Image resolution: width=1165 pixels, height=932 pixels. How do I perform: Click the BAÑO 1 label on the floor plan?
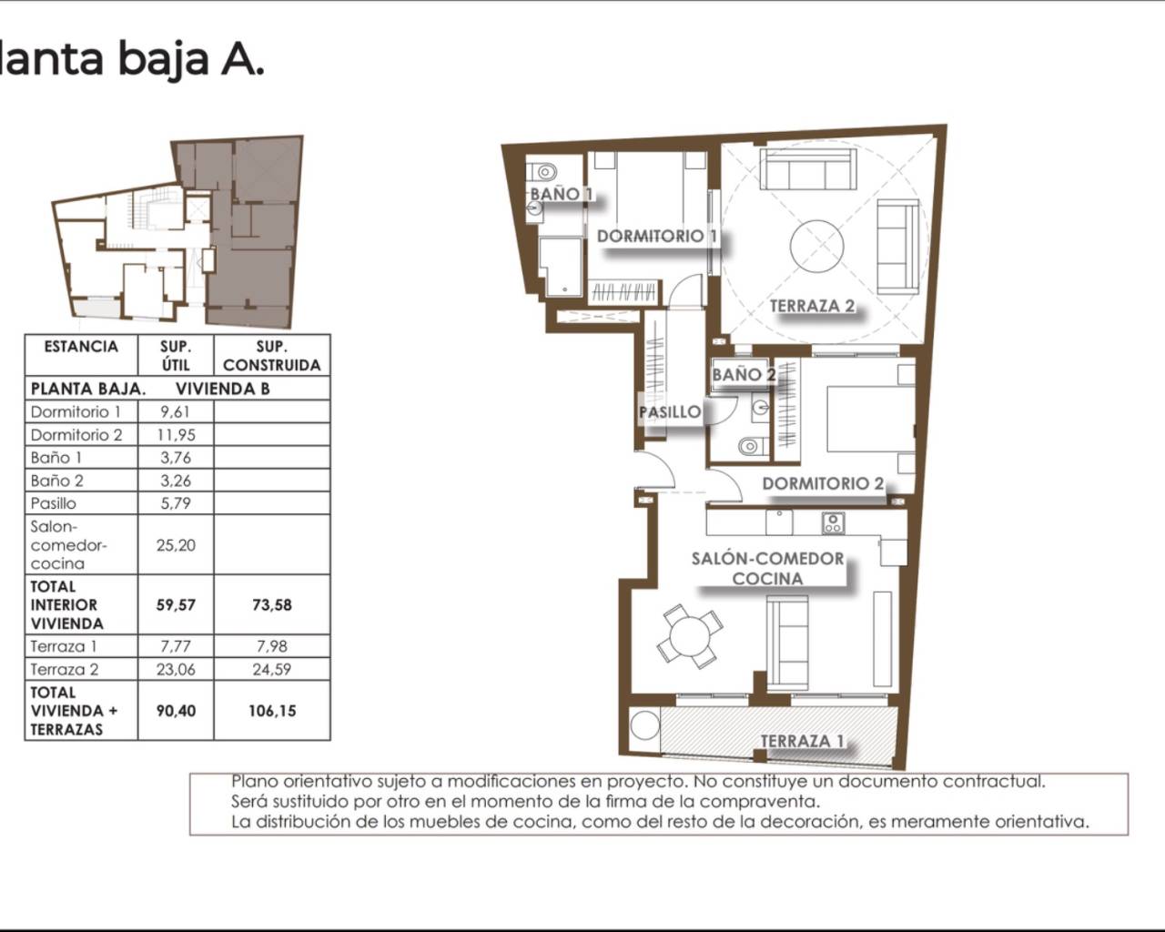click(x=561, y=194)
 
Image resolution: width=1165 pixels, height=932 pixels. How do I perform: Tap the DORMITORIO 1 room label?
click(x=657, y=236)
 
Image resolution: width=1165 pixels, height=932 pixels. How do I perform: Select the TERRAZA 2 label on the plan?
click(x=812, y=306)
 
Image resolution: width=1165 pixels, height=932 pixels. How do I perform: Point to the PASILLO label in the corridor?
click(x=670, y=412)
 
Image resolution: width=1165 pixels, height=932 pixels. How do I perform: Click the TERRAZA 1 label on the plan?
click(x=802, y=742)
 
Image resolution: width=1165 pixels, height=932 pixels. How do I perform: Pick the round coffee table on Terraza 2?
click(x=816, y=247)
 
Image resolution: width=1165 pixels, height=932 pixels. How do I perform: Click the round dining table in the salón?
click(x=689, y=637)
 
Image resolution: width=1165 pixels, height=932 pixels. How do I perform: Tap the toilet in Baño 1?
click(x=544, y=172)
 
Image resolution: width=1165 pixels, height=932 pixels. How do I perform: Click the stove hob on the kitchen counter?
click(x=833, y=523)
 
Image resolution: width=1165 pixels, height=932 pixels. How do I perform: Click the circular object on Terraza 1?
click(x=645, y=724)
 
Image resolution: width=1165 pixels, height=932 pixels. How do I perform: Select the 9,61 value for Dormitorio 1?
click(x=175, y=412)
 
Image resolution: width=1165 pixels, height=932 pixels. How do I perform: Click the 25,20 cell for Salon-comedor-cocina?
click(x=176, y=545)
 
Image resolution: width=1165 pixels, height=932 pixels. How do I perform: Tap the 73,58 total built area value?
click(x=272, y=605)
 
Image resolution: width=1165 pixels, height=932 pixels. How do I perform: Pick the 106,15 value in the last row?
click(x=272, y=711)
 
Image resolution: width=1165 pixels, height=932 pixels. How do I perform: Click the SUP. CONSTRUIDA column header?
click(x=272, y=356)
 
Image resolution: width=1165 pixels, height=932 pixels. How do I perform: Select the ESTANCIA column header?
click(x=81, y=347)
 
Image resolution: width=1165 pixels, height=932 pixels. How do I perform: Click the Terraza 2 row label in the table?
click(x=65, y=670)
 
